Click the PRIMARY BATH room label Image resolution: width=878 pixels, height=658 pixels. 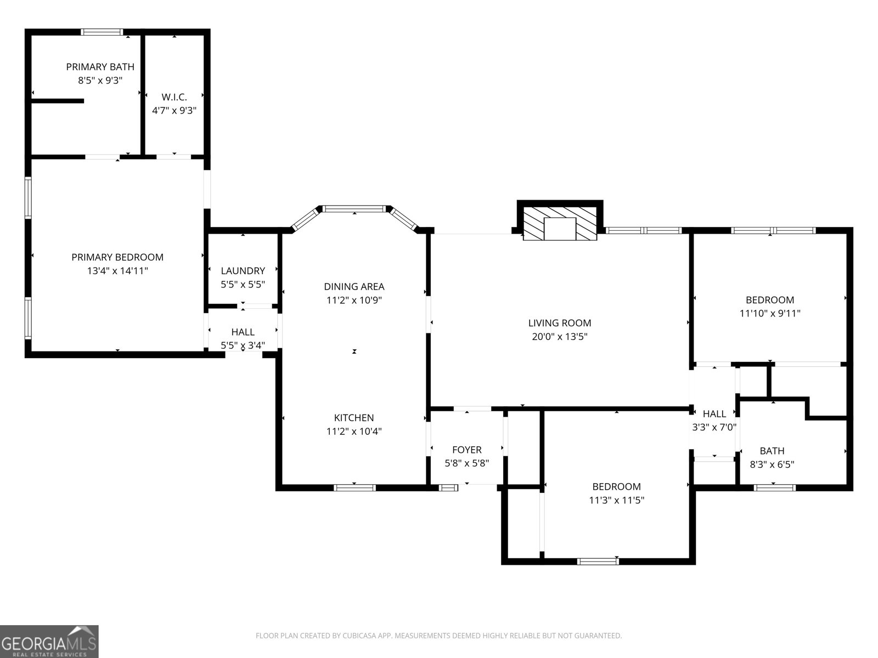tap(100, 67)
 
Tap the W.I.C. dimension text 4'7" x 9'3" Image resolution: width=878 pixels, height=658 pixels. tap(174, 110)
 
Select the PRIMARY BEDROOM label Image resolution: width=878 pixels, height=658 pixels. tap(117, 257)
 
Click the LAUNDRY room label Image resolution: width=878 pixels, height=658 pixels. tap(243, 271)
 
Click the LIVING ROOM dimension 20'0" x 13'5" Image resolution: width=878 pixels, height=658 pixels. tap(560, 337)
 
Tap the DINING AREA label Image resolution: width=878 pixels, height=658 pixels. tap(354, 286)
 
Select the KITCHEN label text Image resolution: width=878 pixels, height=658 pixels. tap(354, 418)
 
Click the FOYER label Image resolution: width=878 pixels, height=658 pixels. tap(466, 450)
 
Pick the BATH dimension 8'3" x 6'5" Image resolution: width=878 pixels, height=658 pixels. tap(772, 464)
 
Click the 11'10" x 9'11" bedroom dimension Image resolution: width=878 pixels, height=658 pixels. tap(770, 314)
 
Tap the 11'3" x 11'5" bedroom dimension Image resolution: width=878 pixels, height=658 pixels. tap(616, 500)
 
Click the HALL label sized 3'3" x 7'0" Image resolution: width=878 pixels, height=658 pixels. tap(714, 414)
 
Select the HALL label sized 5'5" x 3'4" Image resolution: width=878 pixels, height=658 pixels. tap(243, 332)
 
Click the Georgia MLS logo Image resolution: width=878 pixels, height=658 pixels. tap(49, 642)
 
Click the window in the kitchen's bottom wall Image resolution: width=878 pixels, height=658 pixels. tap(355, 487)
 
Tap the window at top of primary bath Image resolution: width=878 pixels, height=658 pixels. tap(102, 32)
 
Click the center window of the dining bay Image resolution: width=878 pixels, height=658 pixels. tap(354, 209)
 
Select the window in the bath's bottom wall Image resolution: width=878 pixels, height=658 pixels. tap(774, 487)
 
